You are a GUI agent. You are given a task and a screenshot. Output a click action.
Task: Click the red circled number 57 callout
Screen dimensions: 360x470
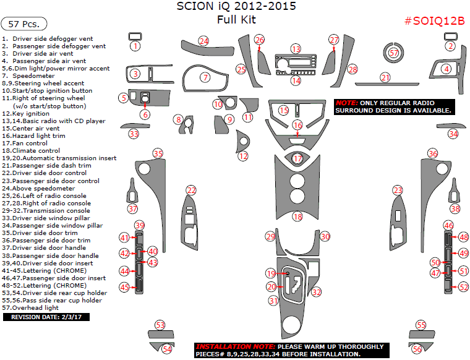pos(394,53)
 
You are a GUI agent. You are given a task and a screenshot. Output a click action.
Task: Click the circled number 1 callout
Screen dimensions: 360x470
pos(135,46)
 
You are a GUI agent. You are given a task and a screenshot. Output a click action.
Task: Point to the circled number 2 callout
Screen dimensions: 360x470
pos(451,46)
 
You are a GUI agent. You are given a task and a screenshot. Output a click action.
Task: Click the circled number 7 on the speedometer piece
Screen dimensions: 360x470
pos(205,78)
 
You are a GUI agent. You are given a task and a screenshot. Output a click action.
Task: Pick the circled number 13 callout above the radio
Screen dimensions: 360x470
pos(296,48)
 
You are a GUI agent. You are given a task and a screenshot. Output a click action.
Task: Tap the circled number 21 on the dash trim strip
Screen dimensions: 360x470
pos(385,77)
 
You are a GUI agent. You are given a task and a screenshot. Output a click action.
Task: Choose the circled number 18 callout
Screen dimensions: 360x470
pos(297,217)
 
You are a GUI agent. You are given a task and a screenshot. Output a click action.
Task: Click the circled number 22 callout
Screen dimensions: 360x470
pos(192,190)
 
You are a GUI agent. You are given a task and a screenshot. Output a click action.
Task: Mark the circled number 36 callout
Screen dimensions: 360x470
pos(433,153)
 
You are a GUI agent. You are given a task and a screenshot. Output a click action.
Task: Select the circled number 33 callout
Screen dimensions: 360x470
pos(134,133)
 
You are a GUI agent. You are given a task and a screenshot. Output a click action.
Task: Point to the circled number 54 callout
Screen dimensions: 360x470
pos(166,349)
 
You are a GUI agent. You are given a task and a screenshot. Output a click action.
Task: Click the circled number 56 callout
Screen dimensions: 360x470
pos(417,349)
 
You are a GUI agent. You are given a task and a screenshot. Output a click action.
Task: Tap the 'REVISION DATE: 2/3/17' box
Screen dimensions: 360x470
pos(46,317)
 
